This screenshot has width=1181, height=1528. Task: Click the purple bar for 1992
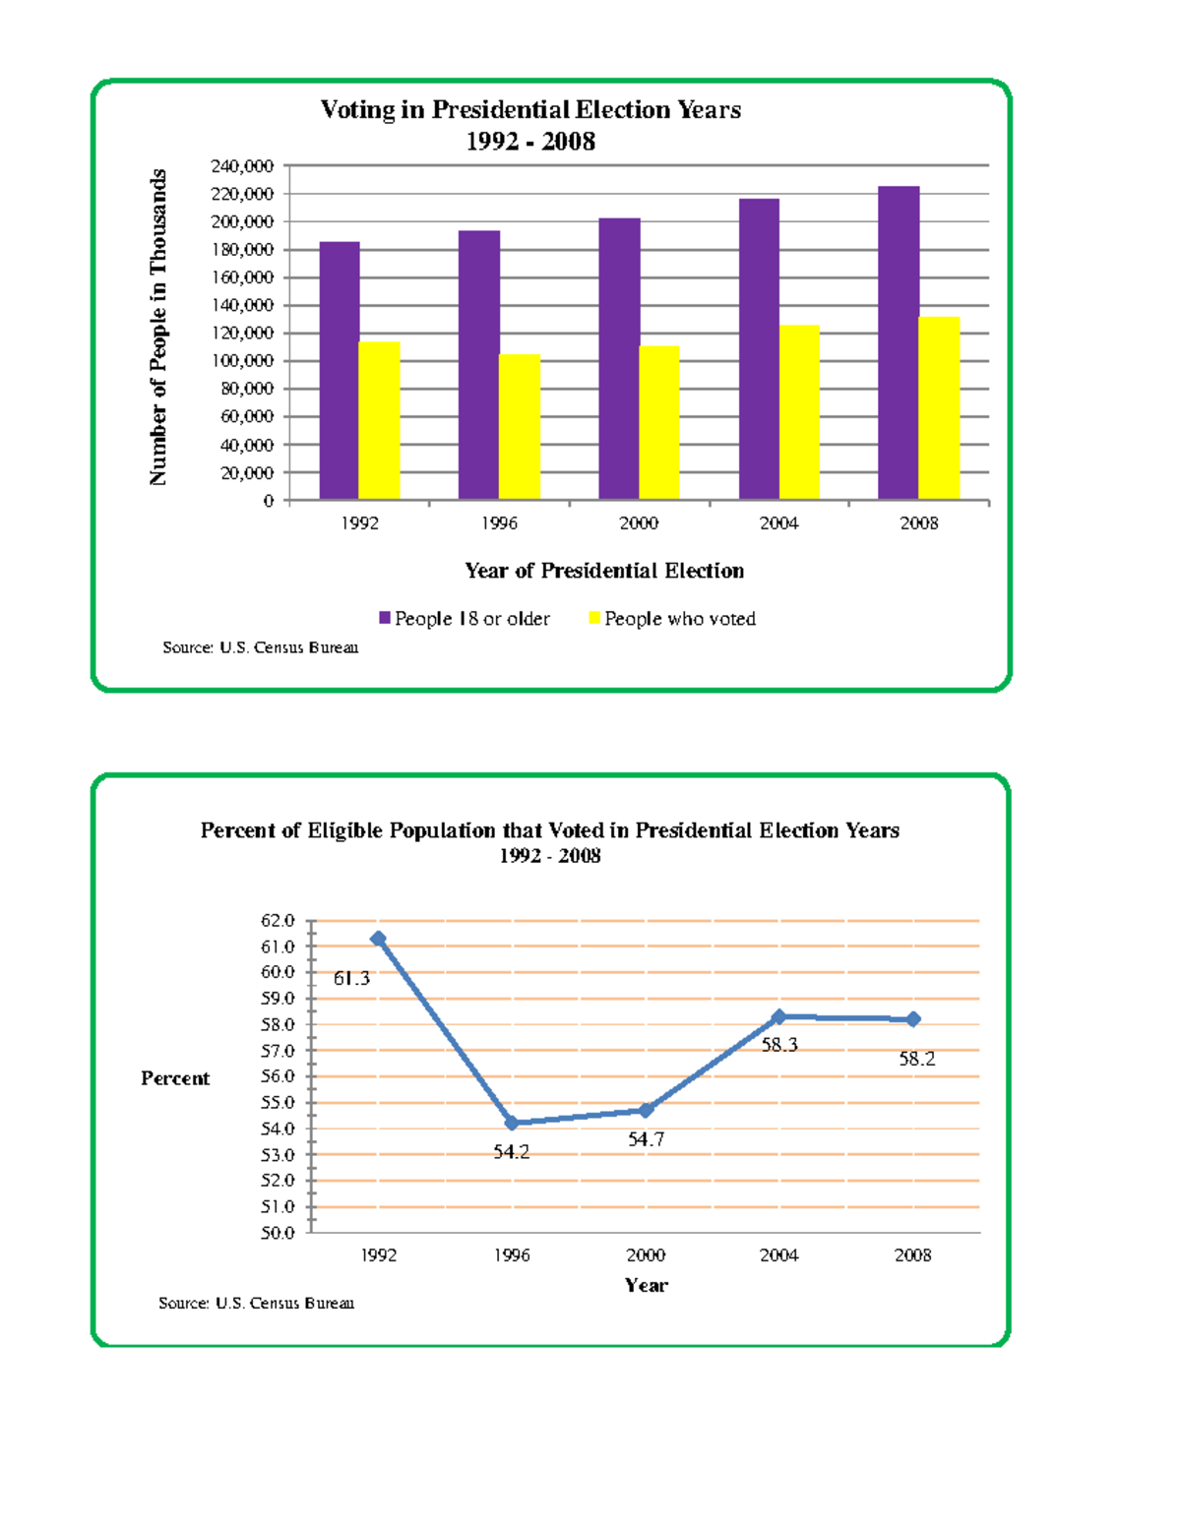click(340, 371)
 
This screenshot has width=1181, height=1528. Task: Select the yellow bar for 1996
click(520, 427)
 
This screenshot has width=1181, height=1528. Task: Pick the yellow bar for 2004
click(799, 412)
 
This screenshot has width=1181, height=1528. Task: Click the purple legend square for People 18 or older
click(385, 618)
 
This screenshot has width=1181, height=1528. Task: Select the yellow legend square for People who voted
click(594, 618)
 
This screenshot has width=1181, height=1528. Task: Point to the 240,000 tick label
click(242, 166)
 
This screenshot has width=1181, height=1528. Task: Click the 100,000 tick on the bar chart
click(242, 361)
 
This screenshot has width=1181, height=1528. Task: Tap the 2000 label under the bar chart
click(639, 523)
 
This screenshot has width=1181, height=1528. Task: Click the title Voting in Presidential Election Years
click(530, 110)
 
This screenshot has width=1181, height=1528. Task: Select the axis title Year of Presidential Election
click(604, 571)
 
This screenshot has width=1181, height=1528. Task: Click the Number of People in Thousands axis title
click(158, 327)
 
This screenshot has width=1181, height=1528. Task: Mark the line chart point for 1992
click(378, 939)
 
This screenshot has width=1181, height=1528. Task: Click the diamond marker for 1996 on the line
click(512, 1123)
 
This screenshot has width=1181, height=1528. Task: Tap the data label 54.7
click(647, 1139)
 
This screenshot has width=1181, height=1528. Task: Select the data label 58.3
click(779, 1045)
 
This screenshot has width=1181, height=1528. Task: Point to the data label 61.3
click(351, 978)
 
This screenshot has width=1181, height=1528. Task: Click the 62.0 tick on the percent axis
click(278, 921)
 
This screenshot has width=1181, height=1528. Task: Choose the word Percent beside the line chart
click(175, 1078)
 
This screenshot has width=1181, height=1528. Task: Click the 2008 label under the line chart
click(912, 1255)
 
